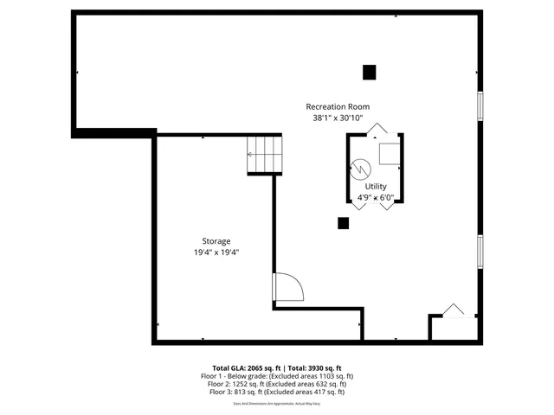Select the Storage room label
coord(216,241)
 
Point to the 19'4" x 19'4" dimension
coord(216,253)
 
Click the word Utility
coord(376,186)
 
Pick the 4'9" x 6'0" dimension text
coord(376,197)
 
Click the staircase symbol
coord(265,154)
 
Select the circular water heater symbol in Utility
coord(360,168)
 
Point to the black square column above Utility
coord(370,72)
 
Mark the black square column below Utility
coord(344,223)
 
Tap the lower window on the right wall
coord(480,253)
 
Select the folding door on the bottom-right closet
coord(452,310)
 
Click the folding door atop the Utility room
coord(375,131)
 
